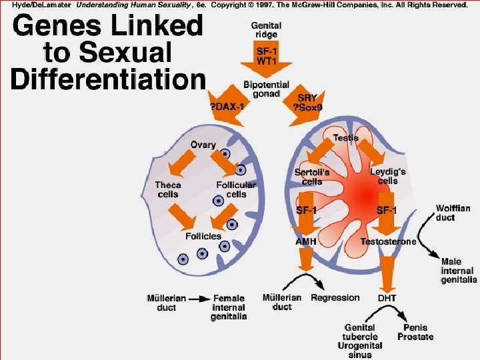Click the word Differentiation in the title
click(108, 79)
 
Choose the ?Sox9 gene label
click(308, 107)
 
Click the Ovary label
click(203, 145)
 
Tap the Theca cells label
click(168, 189)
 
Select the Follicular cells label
click(235, 189)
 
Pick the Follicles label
click(203, 236)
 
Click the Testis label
click(346, 137)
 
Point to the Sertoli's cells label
click(312, 177)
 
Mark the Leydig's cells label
click(388, 176)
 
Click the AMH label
click(306, 241)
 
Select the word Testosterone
click(388, 241)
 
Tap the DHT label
click(387, 298)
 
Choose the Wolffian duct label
click(453, 213)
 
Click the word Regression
click(335, 298)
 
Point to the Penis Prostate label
click(415, 332)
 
